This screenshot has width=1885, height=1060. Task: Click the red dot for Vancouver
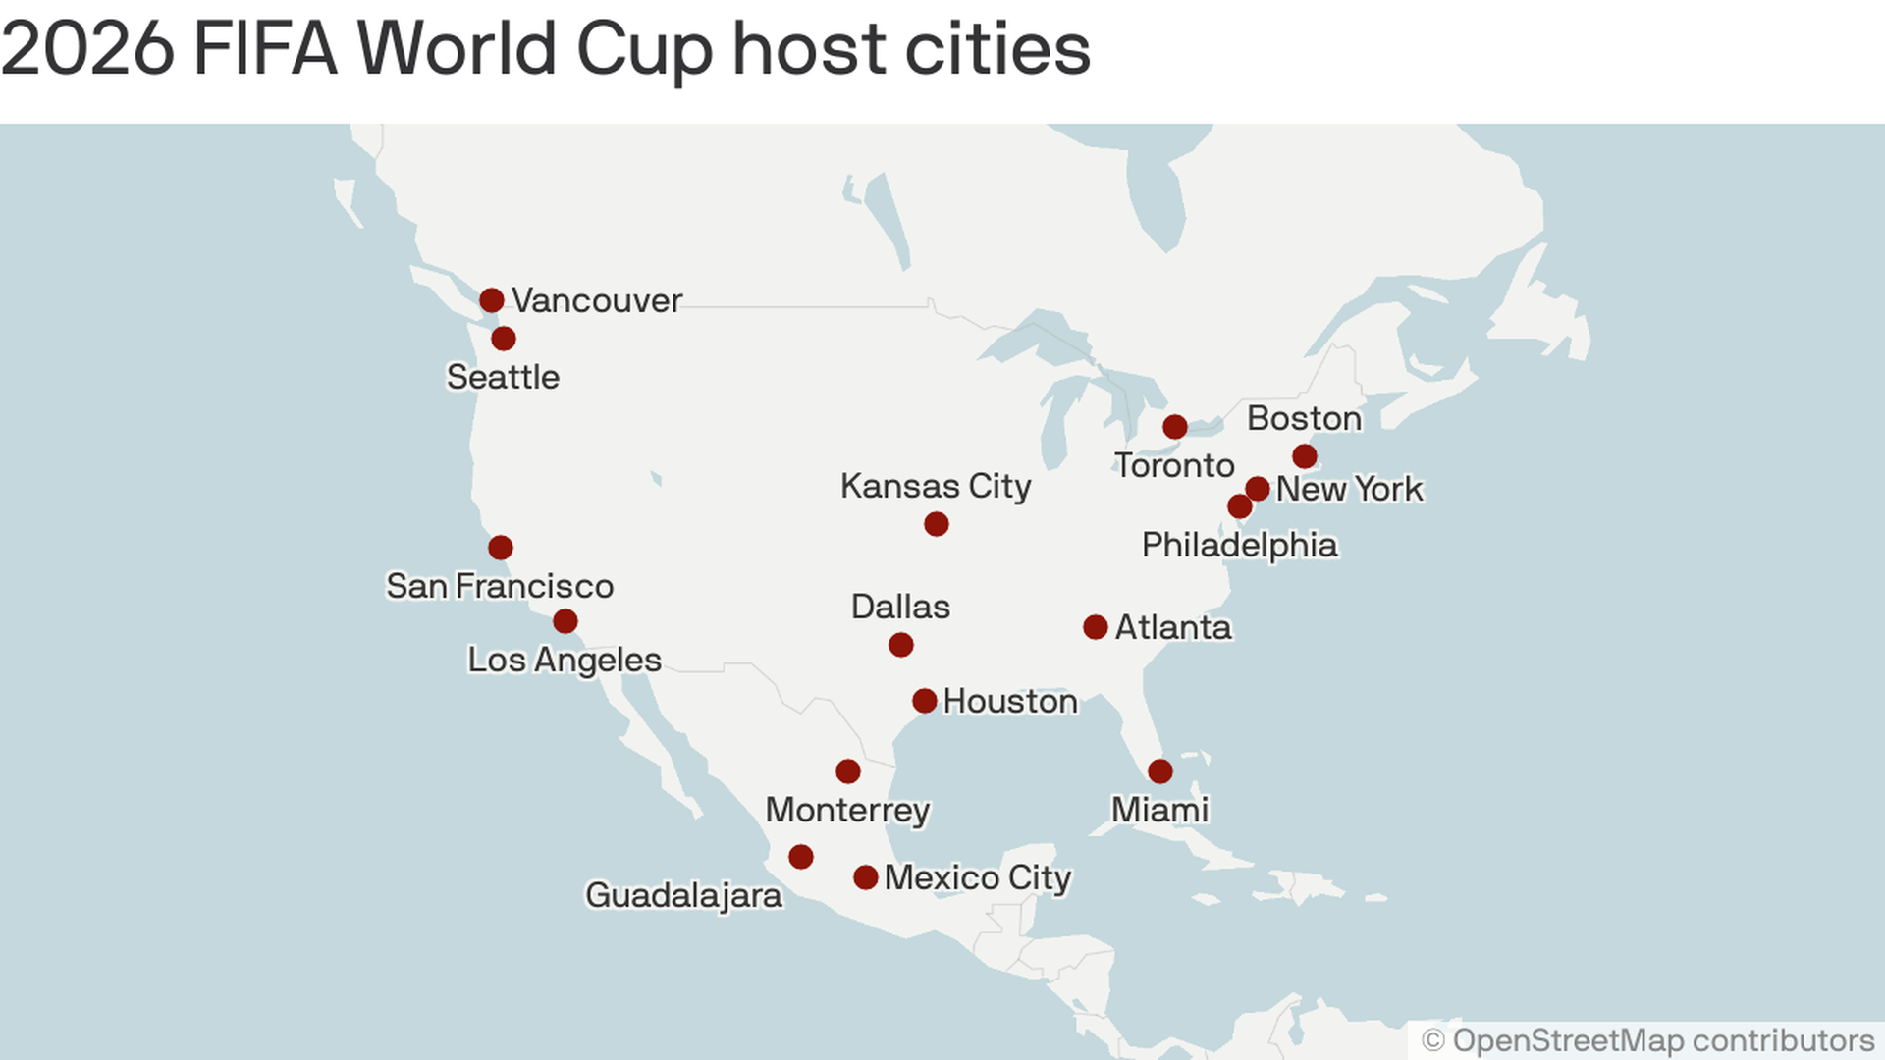(492, 300)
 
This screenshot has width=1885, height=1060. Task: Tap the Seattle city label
(503, 377)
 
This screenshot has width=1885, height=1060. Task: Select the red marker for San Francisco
(501, 548)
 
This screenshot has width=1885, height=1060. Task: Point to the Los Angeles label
(564, 660)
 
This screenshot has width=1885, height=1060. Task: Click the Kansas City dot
(937, 524)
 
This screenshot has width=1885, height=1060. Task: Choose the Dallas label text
(900, 607)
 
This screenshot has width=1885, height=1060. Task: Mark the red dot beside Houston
(924, 701)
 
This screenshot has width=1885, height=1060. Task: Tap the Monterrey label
(847, 811)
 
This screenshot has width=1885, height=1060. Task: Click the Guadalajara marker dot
(801, 857)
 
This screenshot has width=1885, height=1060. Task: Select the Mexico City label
(977, 877)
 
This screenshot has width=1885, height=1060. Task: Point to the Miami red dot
(1160, 771)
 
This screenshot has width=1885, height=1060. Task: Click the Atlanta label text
(1173, 627)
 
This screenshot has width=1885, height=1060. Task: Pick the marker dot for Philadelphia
(1240, 506)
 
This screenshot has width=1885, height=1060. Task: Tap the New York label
(1349, 489)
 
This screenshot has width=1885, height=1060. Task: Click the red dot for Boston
(1305, 456)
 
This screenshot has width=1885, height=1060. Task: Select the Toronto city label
(1174, 465)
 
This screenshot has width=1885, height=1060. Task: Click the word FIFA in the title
(265, 49)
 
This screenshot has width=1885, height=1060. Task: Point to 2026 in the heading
(88, 49)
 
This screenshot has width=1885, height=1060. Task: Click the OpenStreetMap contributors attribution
(1648, 1040)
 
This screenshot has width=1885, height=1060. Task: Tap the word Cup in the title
(643, 49)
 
